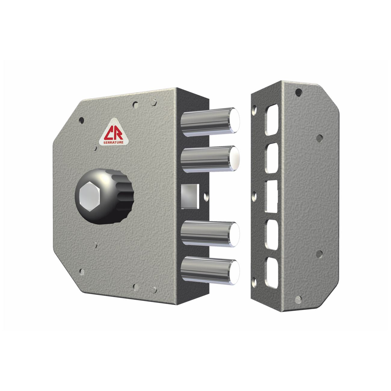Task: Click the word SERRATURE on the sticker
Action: (113, 143)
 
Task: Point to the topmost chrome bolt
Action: (210, 122)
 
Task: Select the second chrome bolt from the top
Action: (210, 159)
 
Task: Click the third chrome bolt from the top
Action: (210, 234)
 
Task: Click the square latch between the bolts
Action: (190, 196)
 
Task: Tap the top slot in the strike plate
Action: (271, 120)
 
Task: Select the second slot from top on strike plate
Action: (271, 158)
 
